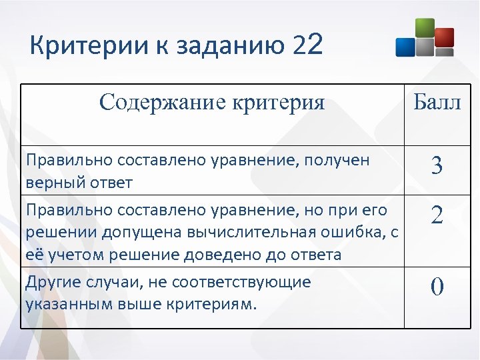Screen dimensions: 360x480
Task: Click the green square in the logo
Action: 424,29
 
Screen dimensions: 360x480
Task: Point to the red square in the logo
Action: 444,37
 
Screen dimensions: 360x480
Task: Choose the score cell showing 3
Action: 437,165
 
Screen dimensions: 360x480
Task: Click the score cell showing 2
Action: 437,215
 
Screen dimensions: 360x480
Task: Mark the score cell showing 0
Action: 437,287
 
